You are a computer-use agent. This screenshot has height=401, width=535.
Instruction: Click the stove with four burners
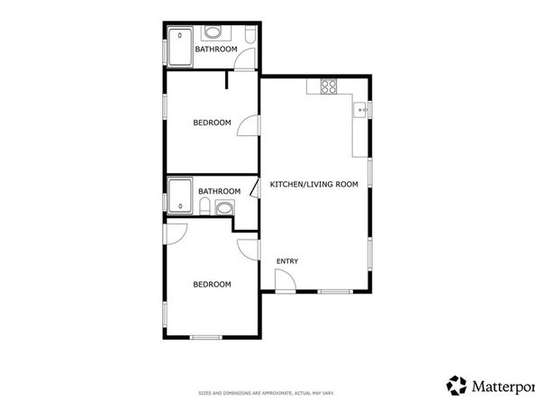(x=329, y=87)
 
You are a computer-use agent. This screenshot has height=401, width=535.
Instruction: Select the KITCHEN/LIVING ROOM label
(x=313, y=185)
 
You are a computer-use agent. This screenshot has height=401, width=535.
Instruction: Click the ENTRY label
(x=287, y=261)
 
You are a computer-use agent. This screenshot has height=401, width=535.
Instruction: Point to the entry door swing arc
(x=284, y=281)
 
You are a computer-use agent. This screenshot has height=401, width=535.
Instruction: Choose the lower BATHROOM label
(x=219, y=191)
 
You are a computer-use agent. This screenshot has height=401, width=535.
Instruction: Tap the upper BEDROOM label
(x=212, y=123)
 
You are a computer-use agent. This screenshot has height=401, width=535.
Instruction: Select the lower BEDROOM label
(x=212, y=285)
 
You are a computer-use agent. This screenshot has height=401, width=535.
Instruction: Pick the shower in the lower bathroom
(x=181, y=195)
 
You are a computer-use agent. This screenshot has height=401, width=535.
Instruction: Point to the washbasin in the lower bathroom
(x=223, y=209)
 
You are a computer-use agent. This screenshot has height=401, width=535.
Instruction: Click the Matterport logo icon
(x=458, y=385)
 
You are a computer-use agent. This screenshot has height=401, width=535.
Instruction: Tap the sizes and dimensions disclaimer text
(x=267, y=392)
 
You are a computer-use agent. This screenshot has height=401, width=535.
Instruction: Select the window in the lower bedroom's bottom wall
(x=205, y=337)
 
